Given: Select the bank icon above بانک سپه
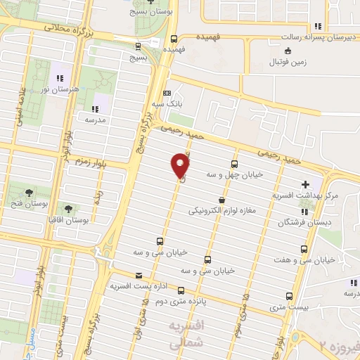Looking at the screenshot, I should coord(167,94).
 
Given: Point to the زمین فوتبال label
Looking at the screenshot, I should coord(300,63).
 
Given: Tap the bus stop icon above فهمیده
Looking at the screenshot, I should coord(173,39).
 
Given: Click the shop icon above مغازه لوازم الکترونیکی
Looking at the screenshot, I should coord(221,199).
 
